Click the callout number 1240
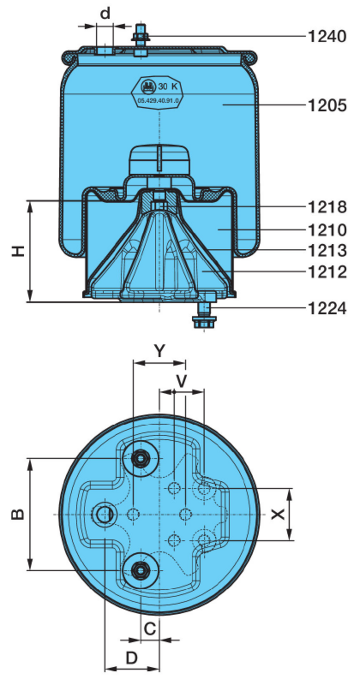[327, 36]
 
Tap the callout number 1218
[327, 207]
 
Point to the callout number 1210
[327, 229]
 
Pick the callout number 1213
[327, 251]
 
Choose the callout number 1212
[327, 272]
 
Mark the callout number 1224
[327, 309]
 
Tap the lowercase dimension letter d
[105, 14]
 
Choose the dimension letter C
[150, 629]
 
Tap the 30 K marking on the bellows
[165, 86]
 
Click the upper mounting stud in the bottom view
[140, 458]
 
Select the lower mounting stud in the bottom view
[140, 569]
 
